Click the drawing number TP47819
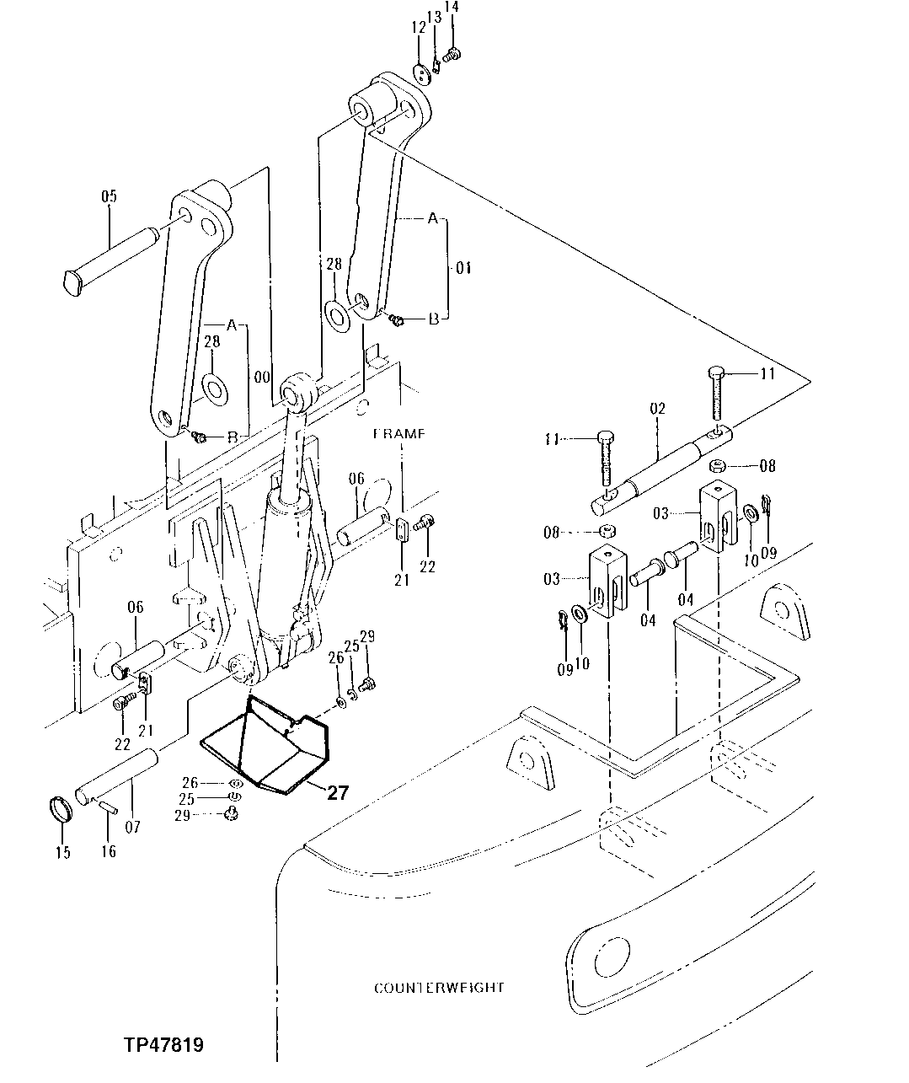coord(163,1045)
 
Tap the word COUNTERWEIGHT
coord(439,987)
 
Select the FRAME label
coord(400,434)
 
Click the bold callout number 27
coord(337,792)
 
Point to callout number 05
coord(109,196)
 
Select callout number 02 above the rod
coord(657,409)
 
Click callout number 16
coord(109,851)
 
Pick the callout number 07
coord(133,827)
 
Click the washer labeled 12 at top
coord(423,71)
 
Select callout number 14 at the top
coord(452,8)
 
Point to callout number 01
coord(463,268)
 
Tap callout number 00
coord(261,377)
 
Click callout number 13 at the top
coord(434,17)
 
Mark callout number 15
coord(63,851)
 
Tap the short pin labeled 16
coord(107,807)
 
